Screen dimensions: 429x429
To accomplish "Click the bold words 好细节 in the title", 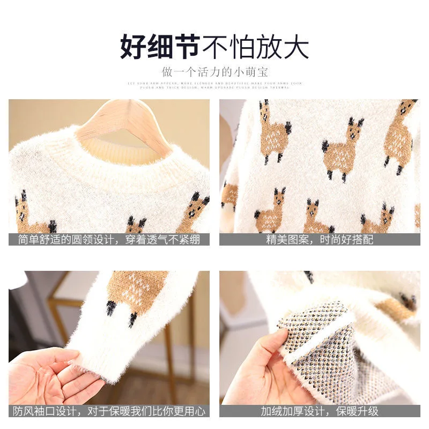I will point(159,47).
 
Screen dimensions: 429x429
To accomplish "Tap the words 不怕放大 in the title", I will point(255,47).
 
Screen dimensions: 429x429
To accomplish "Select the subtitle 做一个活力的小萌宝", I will point(214,71).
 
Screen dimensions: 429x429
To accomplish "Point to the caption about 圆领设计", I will point(109,239).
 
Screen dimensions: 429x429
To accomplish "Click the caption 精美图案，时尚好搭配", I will point(320,239).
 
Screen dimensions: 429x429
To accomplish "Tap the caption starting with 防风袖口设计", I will point(109,411).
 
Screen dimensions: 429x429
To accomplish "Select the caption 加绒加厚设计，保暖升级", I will point(320,411).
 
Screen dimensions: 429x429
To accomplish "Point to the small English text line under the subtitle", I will point(214,86).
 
